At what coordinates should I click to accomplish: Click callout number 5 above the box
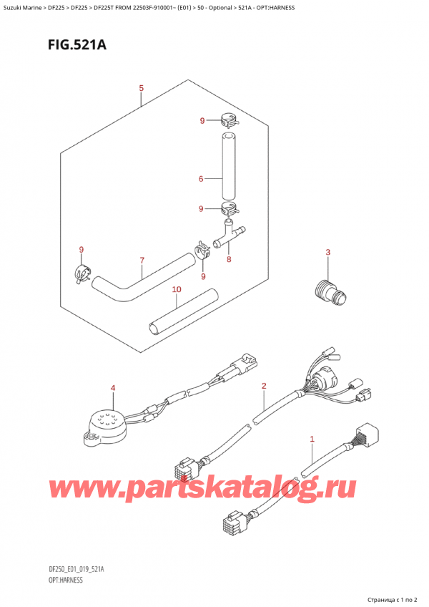click(x=142, y=88)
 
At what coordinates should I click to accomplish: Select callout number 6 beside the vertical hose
click(x=201, y=178)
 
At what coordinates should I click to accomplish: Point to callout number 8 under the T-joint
click(x=228, y=261)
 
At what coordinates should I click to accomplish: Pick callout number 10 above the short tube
click(x=177, y=289)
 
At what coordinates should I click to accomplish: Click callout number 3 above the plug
click(x=327, y=251)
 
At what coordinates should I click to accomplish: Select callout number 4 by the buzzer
click(x=112, y=388)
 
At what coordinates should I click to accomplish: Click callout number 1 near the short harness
click(x=312, y=438)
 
